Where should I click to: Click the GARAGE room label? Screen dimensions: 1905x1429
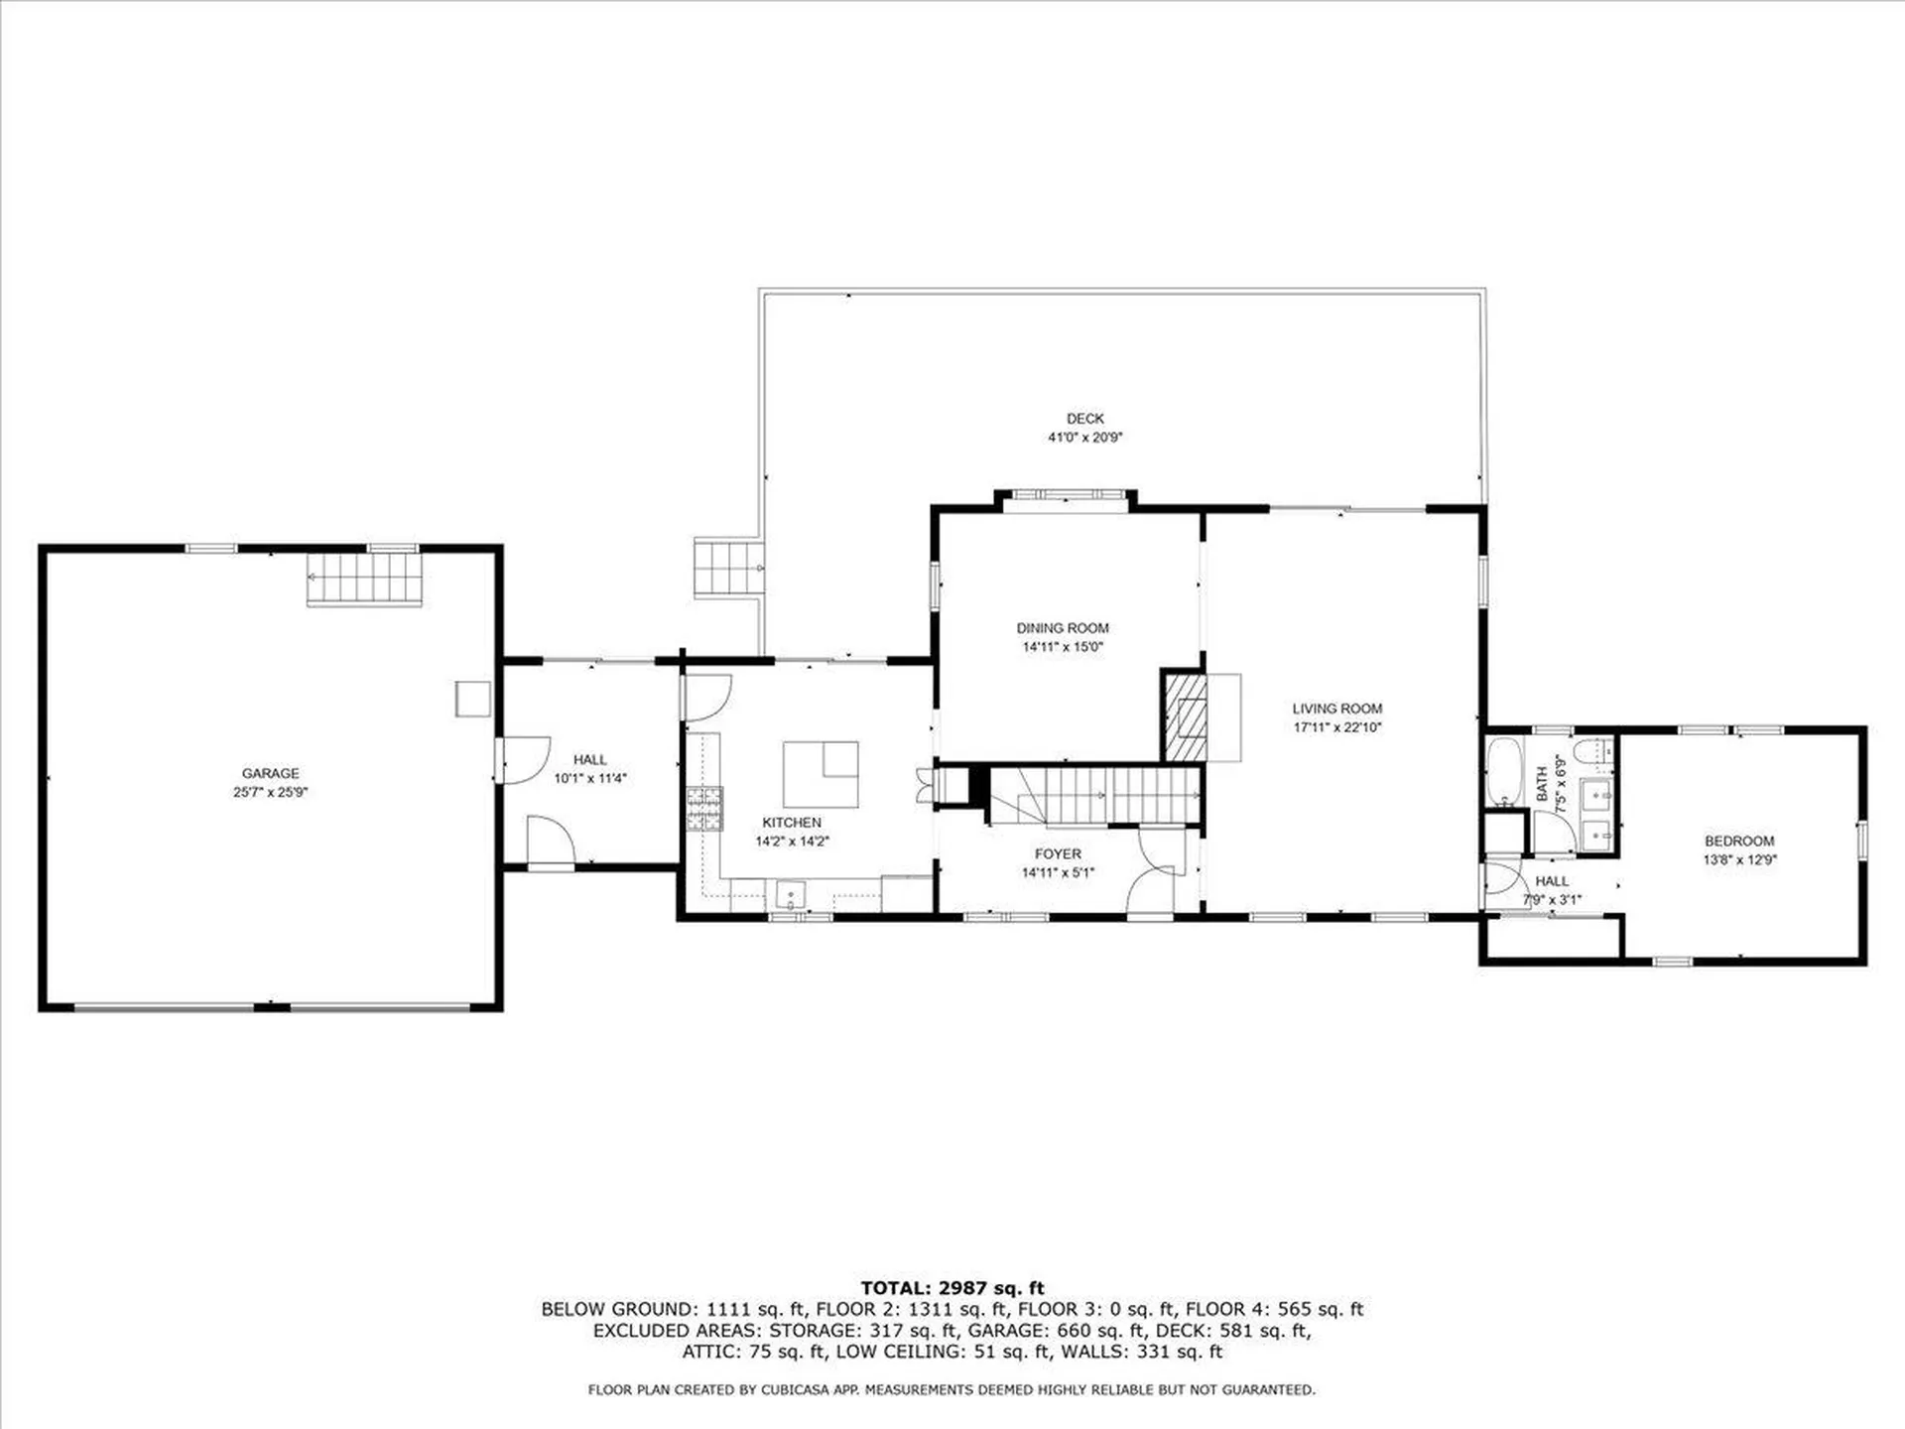click(270, 773)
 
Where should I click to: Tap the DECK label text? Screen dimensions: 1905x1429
click(1084, 419)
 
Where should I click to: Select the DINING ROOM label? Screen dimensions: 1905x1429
click(1063, 628)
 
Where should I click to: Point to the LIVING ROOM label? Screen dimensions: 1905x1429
click(1336, 709)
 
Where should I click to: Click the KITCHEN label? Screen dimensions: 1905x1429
click(792, 823)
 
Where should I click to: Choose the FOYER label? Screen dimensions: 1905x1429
click(1058, 854)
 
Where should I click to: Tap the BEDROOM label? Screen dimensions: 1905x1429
click(1739, 842)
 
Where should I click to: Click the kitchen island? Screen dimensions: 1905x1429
click(821, 775)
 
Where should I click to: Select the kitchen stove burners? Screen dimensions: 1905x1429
click(704, 808)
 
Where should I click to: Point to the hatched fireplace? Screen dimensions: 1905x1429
click(1186, 717)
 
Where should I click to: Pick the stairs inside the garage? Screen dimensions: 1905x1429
click(364, 579)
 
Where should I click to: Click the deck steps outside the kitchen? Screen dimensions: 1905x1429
click(729, 568)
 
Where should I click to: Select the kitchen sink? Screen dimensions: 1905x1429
click(791, 895)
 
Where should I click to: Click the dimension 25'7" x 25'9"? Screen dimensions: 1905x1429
click(270, 792)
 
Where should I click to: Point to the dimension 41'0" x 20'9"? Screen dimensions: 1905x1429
click(1084, 438)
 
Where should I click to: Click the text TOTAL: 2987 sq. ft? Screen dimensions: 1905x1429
click(952, 1288)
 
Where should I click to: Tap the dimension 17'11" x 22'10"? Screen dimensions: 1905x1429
click(1336, 727)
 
